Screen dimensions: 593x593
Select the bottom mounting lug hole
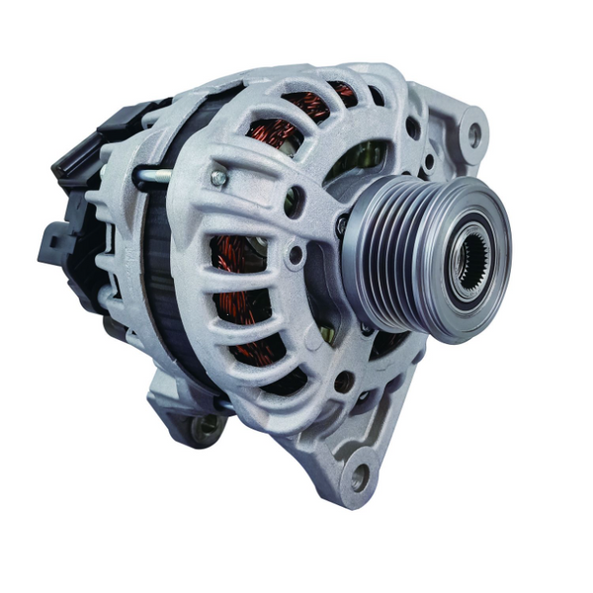coord(359,475)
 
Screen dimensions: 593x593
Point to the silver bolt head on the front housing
coord(217,179)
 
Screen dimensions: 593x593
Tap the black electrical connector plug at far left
coord(53,242)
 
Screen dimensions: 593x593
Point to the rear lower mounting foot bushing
coord(206,427)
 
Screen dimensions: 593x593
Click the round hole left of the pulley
coord(295,256)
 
